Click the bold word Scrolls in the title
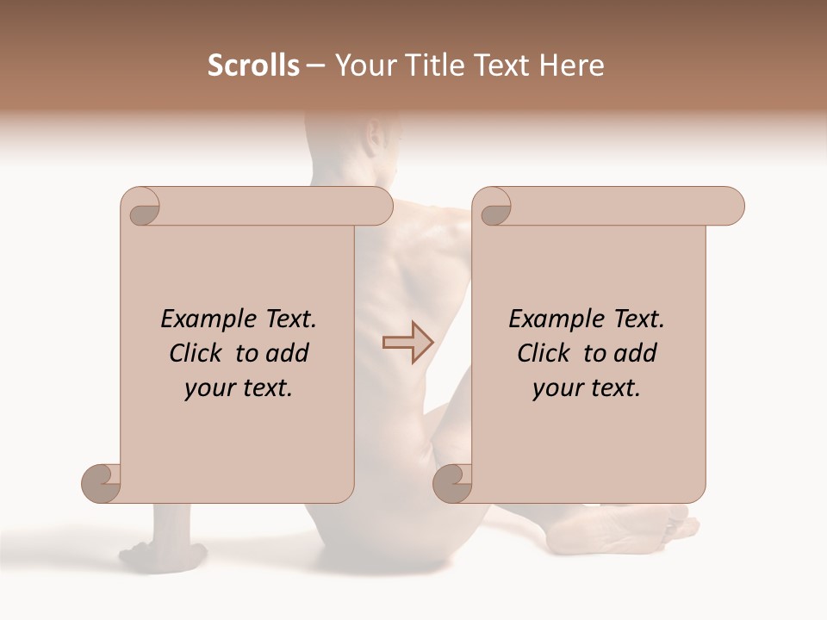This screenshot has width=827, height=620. click(x=253, y=65)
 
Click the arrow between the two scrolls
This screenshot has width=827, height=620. click(x=407, y=342)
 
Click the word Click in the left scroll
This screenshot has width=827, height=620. click(x=198, y=353)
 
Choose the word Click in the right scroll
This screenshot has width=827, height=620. click(x=546, y=353)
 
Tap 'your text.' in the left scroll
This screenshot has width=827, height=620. click(x=239, y=388)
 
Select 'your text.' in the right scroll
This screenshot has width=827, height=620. click(x=587, y=388)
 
